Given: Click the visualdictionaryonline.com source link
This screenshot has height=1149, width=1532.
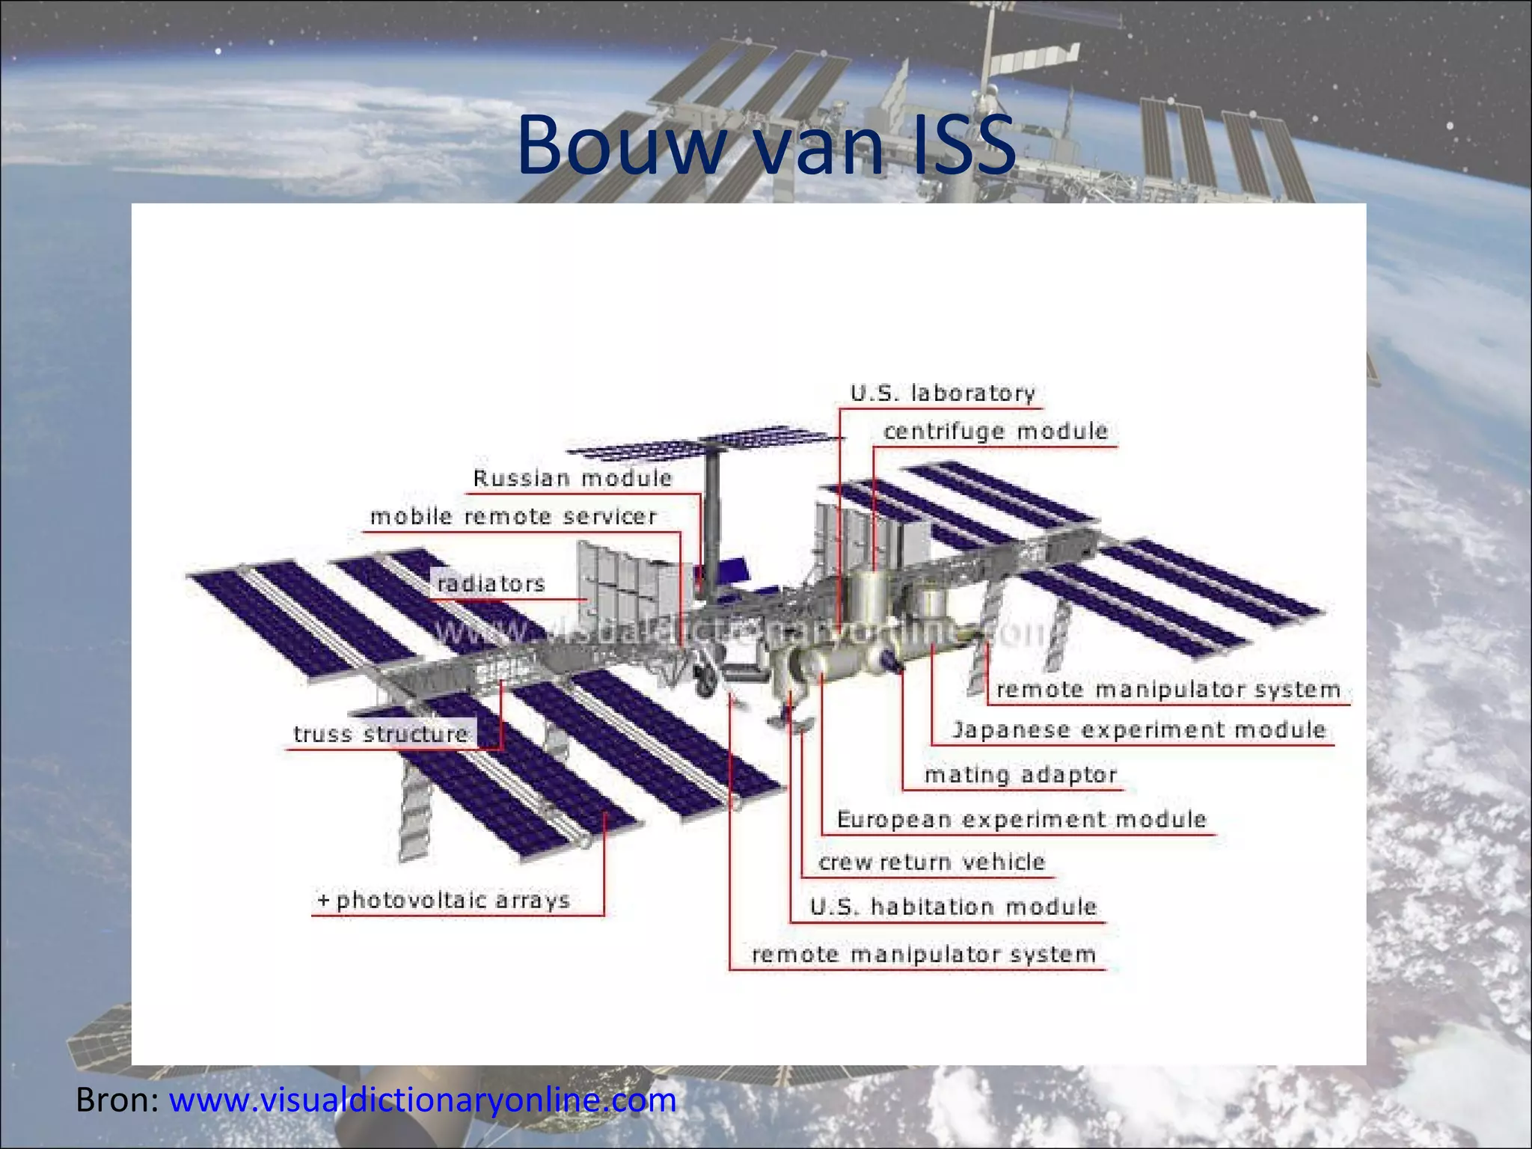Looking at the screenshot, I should coord(423,1100).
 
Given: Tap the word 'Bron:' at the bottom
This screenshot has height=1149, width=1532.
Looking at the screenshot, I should coord(117,1100).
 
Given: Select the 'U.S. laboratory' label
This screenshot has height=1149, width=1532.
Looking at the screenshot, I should coord(943,393).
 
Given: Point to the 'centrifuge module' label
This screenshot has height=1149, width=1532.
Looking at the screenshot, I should coord(996,432).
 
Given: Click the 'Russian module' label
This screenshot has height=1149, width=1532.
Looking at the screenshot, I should coord(573,478).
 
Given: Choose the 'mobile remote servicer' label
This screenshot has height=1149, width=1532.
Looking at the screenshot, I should coord(514,516).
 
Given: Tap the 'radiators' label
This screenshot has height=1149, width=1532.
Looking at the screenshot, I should coord(491,583).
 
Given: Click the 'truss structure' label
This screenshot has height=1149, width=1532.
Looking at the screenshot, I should coord(381,734).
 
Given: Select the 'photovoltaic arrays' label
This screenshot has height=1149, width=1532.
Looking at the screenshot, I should coord(453,900).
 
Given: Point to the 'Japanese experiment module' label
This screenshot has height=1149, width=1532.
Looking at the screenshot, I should coord(1139,730).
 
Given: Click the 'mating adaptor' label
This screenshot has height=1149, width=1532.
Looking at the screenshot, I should coord(1021,775).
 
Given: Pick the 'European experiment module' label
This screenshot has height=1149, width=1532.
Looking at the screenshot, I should coord(1022,820).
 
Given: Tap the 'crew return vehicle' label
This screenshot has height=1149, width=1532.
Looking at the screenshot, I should coord(932,862).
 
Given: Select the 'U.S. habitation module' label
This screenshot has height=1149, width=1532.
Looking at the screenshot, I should coord(954,907).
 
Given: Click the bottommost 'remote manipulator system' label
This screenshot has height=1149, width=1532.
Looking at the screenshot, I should coord(924,955).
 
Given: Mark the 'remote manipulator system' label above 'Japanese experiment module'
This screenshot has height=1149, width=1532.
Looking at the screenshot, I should coord(1168,690).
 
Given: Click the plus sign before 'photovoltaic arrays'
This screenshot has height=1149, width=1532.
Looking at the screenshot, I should coord(323,899).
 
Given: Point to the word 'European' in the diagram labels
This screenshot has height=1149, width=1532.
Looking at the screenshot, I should coord(894,820).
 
